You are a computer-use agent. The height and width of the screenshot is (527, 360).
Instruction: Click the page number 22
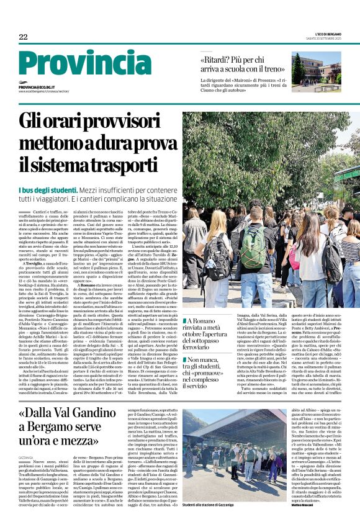coord(23,37)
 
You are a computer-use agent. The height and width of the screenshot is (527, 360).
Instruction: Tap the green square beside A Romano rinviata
coord(184,321)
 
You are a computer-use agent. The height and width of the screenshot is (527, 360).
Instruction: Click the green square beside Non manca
coord(184,359)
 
